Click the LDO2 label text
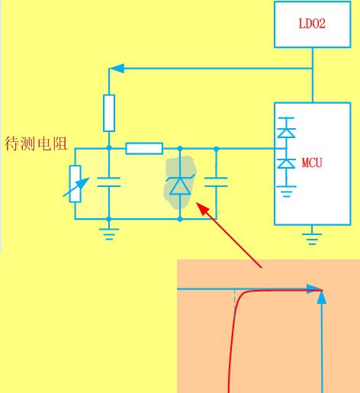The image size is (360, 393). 312,24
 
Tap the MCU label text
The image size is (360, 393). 312,163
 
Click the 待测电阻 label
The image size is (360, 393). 36,143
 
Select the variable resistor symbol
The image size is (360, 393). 76,184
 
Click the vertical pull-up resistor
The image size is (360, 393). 109,113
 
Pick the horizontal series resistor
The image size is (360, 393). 144,149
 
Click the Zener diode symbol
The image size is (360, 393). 180,185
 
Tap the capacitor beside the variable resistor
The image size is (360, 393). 109,182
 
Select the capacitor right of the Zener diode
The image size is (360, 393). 216,182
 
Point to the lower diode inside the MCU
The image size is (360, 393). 287,163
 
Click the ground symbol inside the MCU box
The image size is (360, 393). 287,192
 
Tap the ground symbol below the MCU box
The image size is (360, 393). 312,239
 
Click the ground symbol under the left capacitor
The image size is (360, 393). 109,234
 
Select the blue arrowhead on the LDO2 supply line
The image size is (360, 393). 117,68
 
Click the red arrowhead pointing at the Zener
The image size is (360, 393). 203,208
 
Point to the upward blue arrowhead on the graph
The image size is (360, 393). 322,297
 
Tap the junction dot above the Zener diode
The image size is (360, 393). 180,149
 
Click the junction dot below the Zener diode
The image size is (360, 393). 180,219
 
